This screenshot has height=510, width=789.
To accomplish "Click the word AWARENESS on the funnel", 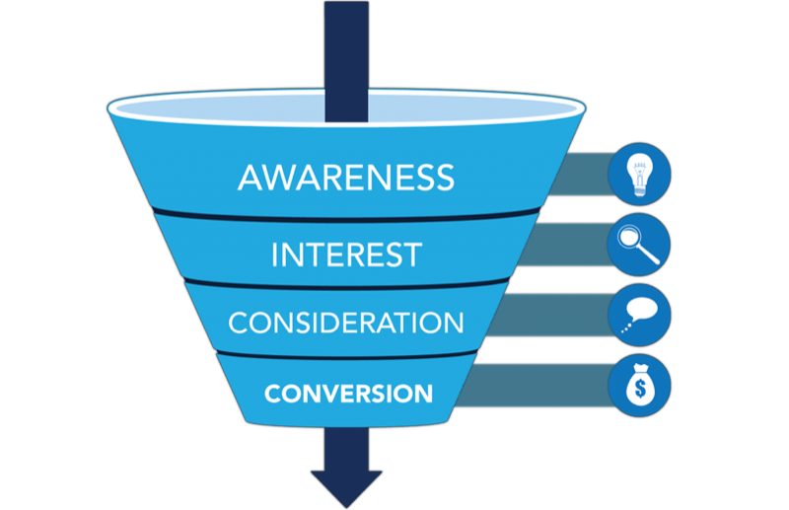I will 345,178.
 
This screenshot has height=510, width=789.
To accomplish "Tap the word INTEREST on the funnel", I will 345,254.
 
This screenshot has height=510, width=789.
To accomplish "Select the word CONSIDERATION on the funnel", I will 345,323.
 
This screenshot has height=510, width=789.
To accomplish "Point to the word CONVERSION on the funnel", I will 348,393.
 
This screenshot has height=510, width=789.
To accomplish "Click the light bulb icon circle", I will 639,175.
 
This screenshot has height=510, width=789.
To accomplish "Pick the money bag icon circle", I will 639,382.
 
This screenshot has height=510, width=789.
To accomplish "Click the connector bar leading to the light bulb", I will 582,175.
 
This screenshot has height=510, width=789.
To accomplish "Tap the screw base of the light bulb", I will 639,189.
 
